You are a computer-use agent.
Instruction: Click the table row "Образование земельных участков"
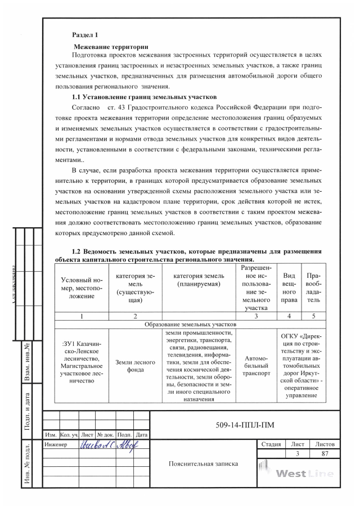(190, 325)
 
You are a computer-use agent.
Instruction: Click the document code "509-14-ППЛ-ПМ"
(245, 425)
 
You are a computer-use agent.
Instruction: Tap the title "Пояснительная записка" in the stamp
(203, 464)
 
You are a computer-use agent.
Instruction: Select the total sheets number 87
(325, 453)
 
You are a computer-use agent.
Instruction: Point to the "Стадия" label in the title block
(272, 444)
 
